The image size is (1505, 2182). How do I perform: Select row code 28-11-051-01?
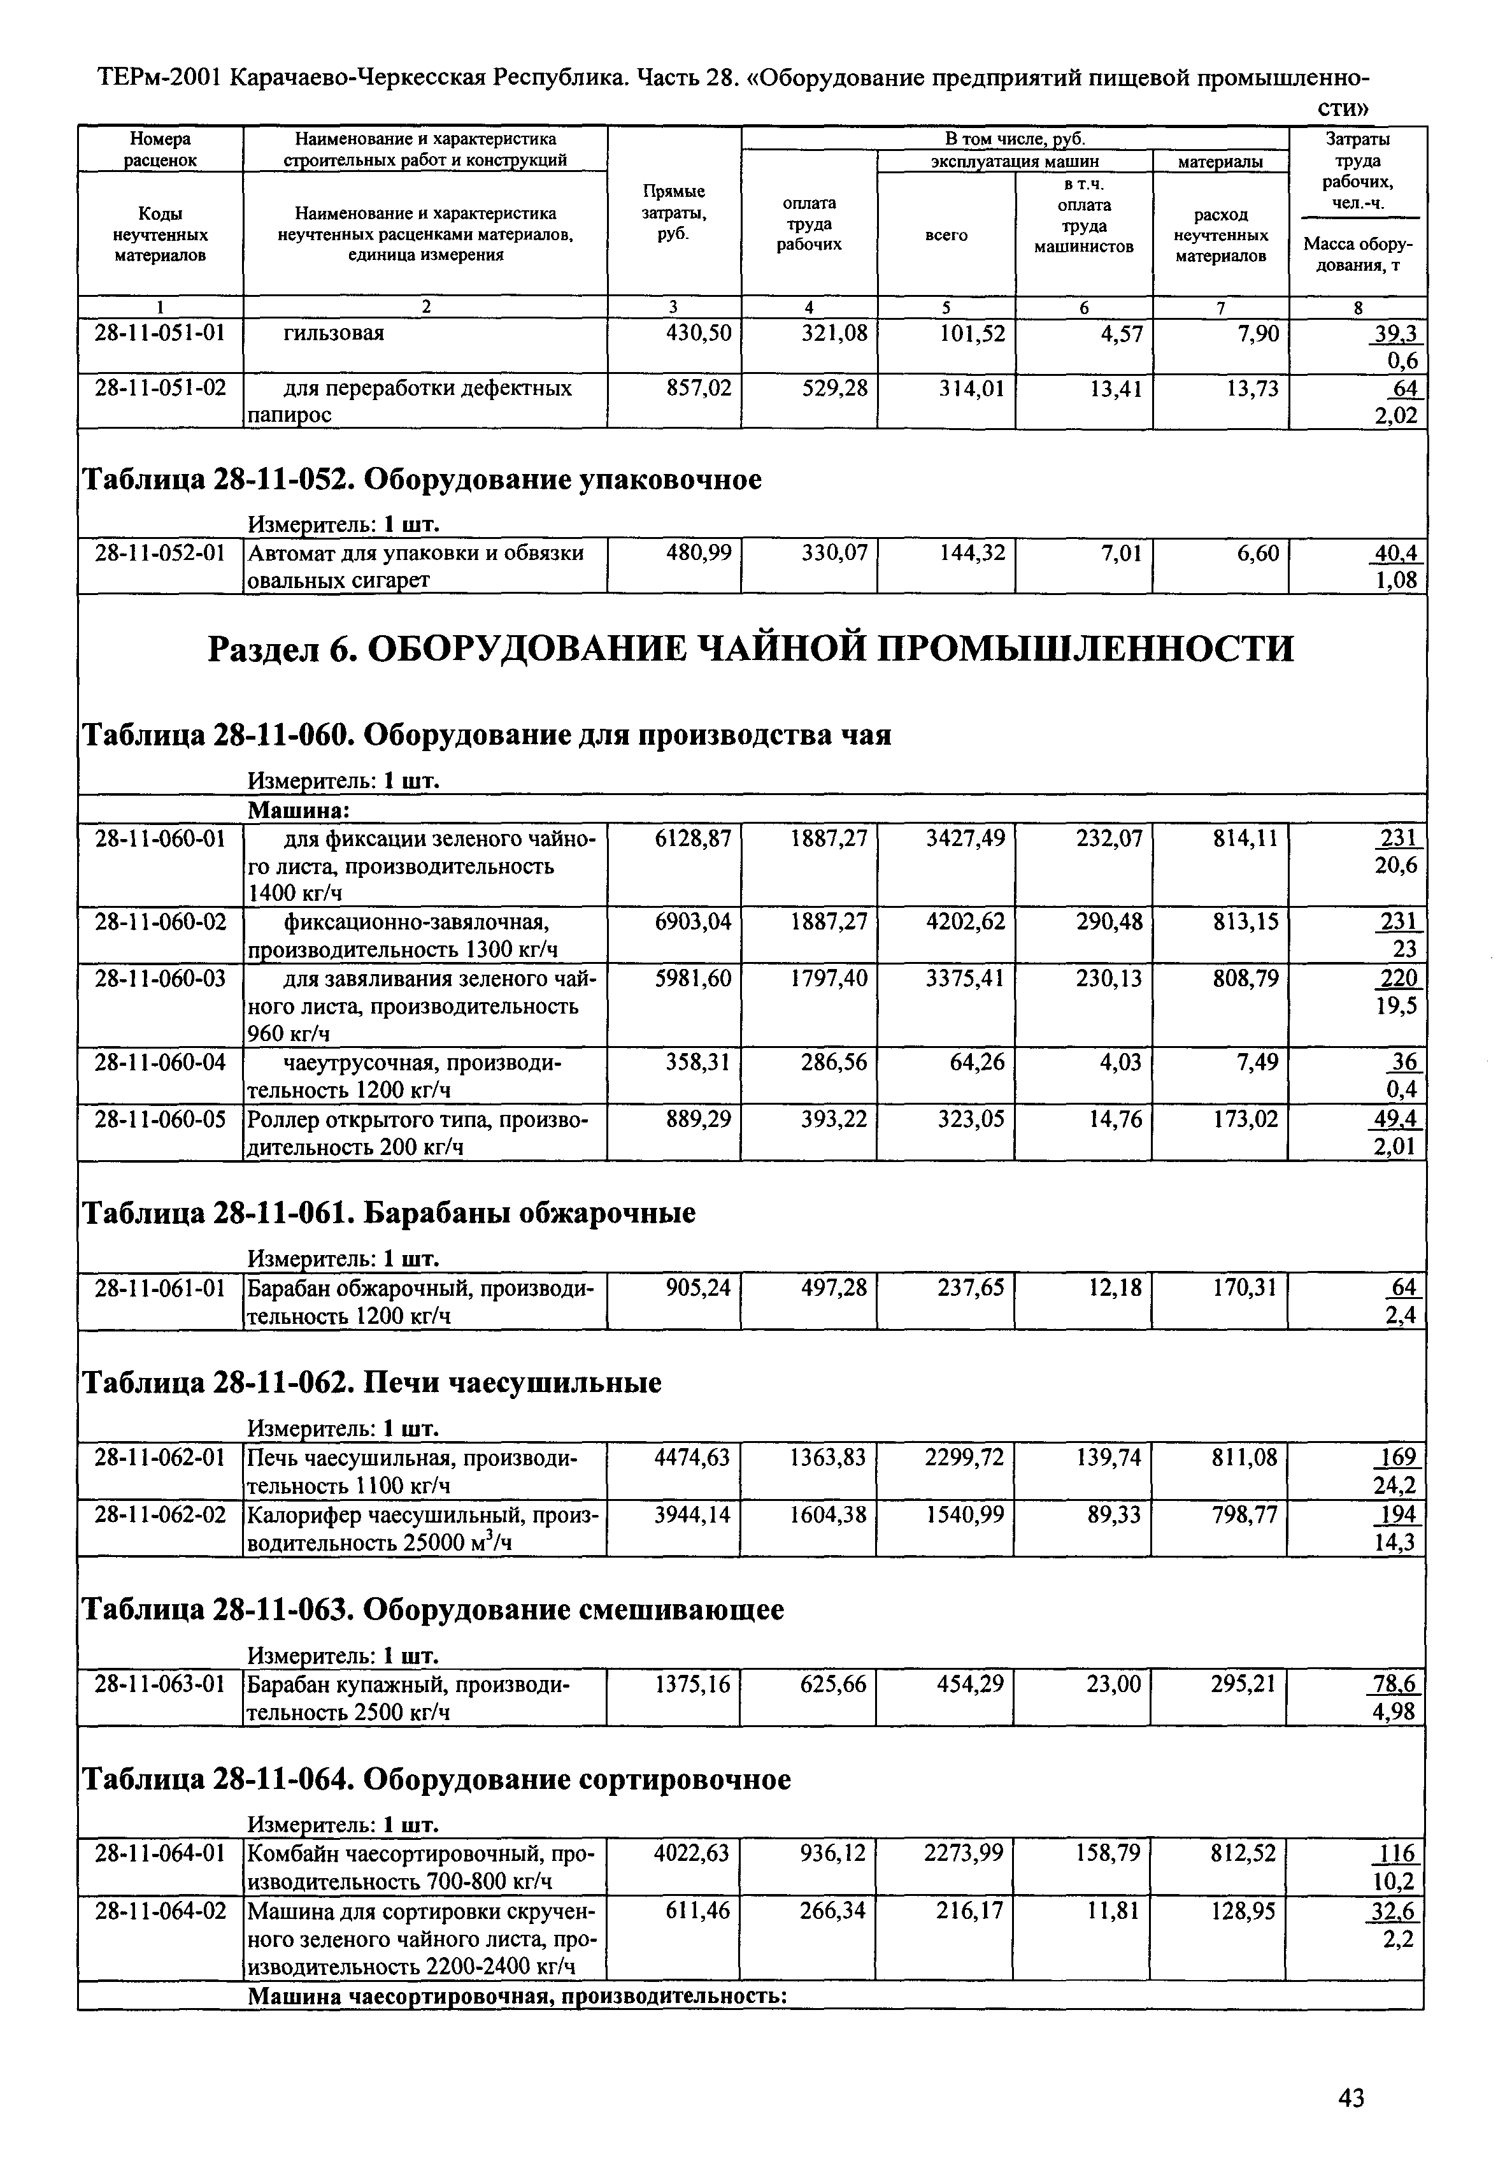[160, 333]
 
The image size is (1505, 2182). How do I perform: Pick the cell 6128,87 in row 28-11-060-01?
[693, 837]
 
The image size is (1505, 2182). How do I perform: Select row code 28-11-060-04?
[160, 1063]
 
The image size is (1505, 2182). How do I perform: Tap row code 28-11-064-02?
[160, 1911]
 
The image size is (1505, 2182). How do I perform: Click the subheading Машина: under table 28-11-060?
[298, 810]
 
